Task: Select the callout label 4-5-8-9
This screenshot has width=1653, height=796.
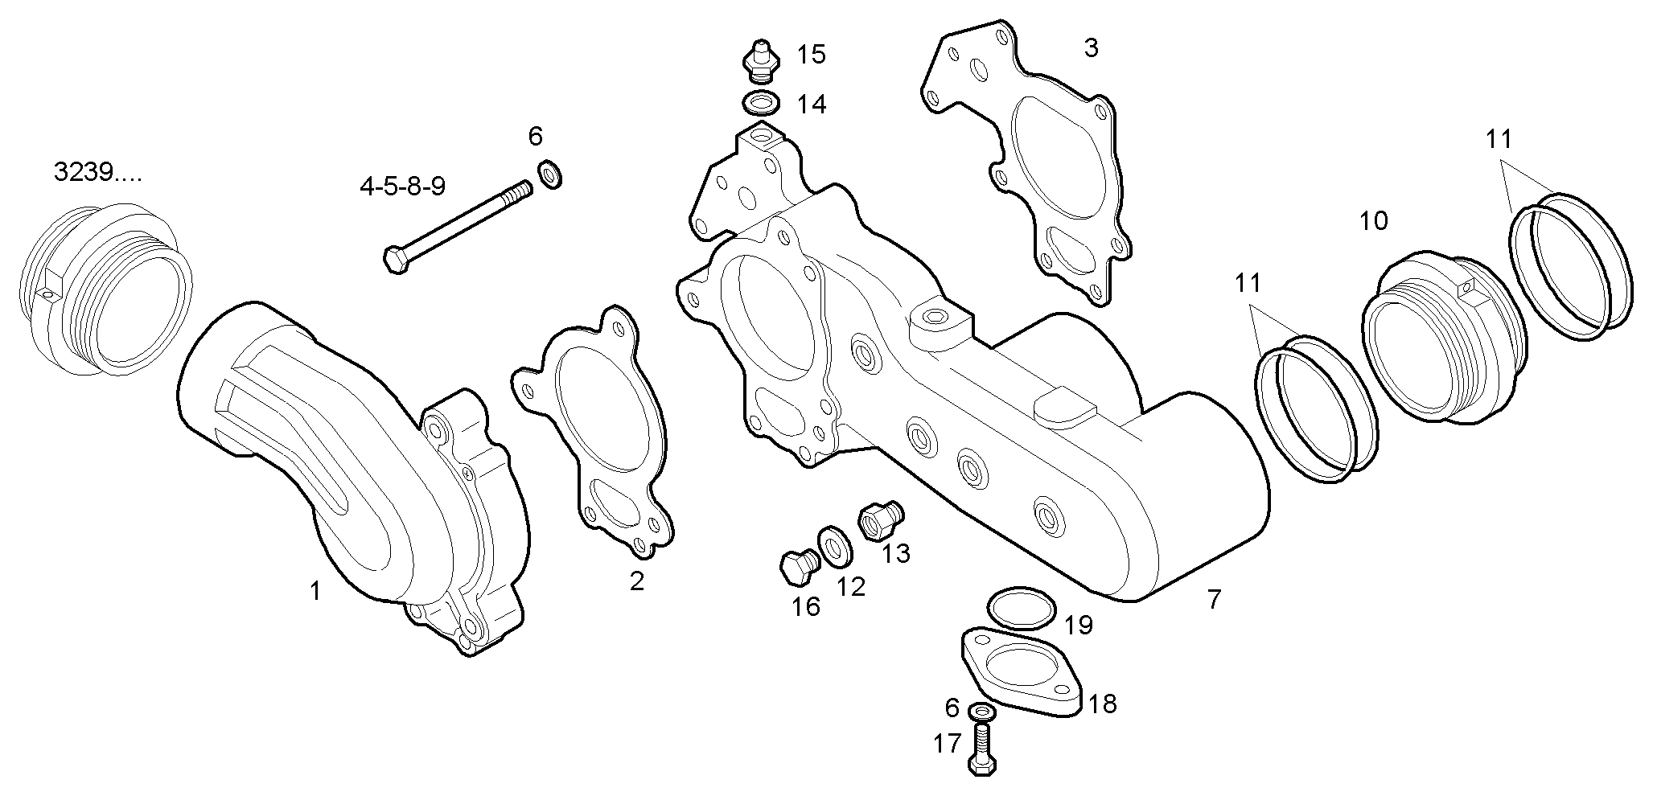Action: (x=402, y=187)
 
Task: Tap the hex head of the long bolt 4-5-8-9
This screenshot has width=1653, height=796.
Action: (x=395, y=259)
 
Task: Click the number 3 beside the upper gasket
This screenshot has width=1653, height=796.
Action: (x=1091, y=48)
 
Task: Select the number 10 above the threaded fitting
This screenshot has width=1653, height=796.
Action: (x=1373, y=220)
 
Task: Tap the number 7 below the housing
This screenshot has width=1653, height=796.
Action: (x=1214, y=598)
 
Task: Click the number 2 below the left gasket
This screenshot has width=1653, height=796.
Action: (x=636, y=581)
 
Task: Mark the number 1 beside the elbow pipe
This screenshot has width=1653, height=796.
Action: (x=315, y=592)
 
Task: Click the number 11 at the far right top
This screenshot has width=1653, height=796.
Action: (x=1499, y=140)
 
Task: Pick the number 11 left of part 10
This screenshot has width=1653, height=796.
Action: (x=1248, y=283)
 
